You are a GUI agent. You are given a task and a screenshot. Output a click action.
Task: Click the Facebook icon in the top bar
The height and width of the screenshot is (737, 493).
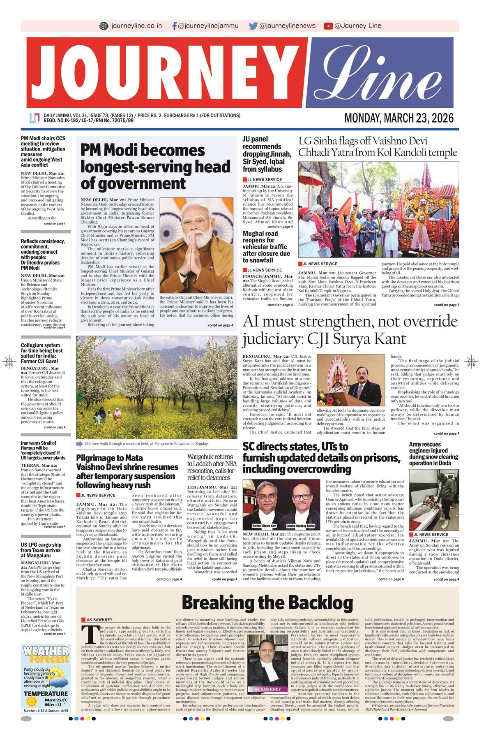pos(175,26)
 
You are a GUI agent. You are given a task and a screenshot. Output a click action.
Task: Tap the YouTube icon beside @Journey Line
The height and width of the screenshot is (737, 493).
pos(328,26)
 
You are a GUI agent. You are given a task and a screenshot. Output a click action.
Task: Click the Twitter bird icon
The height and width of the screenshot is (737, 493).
pos(253,26)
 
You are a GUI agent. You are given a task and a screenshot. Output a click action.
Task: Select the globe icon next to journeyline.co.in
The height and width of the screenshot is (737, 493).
pos(104,26)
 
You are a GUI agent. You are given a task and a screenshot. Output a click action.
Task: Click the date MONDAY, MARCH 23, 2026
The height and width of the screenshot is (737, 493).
pos(399,118)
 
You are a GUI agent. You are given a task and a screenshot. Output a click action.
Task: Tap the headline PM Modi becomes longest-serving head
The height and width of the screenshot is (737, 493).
pos(155,167)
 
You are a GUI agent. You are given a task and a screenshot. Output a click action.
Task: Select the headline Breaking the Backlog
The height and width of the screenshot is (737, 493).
pos(267,603)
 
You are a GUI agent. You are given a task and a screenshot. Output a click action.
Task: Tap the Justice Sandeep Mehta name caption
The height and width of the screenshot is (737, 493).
pos(300,526)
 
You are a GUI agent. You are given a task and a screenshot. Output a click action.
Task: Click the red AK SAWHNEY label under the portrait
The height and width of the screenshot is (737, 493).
pos(267,689)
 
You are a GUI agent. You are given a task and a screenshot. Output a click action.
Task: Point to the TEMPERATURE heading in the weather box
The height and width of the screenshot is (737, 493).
pos(46,694)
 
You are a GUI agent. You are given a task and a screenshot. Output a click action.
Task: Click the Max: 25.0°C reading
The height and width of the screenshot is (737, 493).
pos(56,700)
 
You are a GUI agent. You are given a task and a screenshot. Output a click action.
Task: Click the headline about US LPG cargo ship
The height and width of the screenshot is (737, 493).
pos(41,550)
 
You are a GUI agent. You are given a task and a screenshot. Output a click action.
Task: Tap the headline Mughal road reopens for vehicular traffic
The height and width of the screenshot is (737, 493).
pos(266,247)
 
